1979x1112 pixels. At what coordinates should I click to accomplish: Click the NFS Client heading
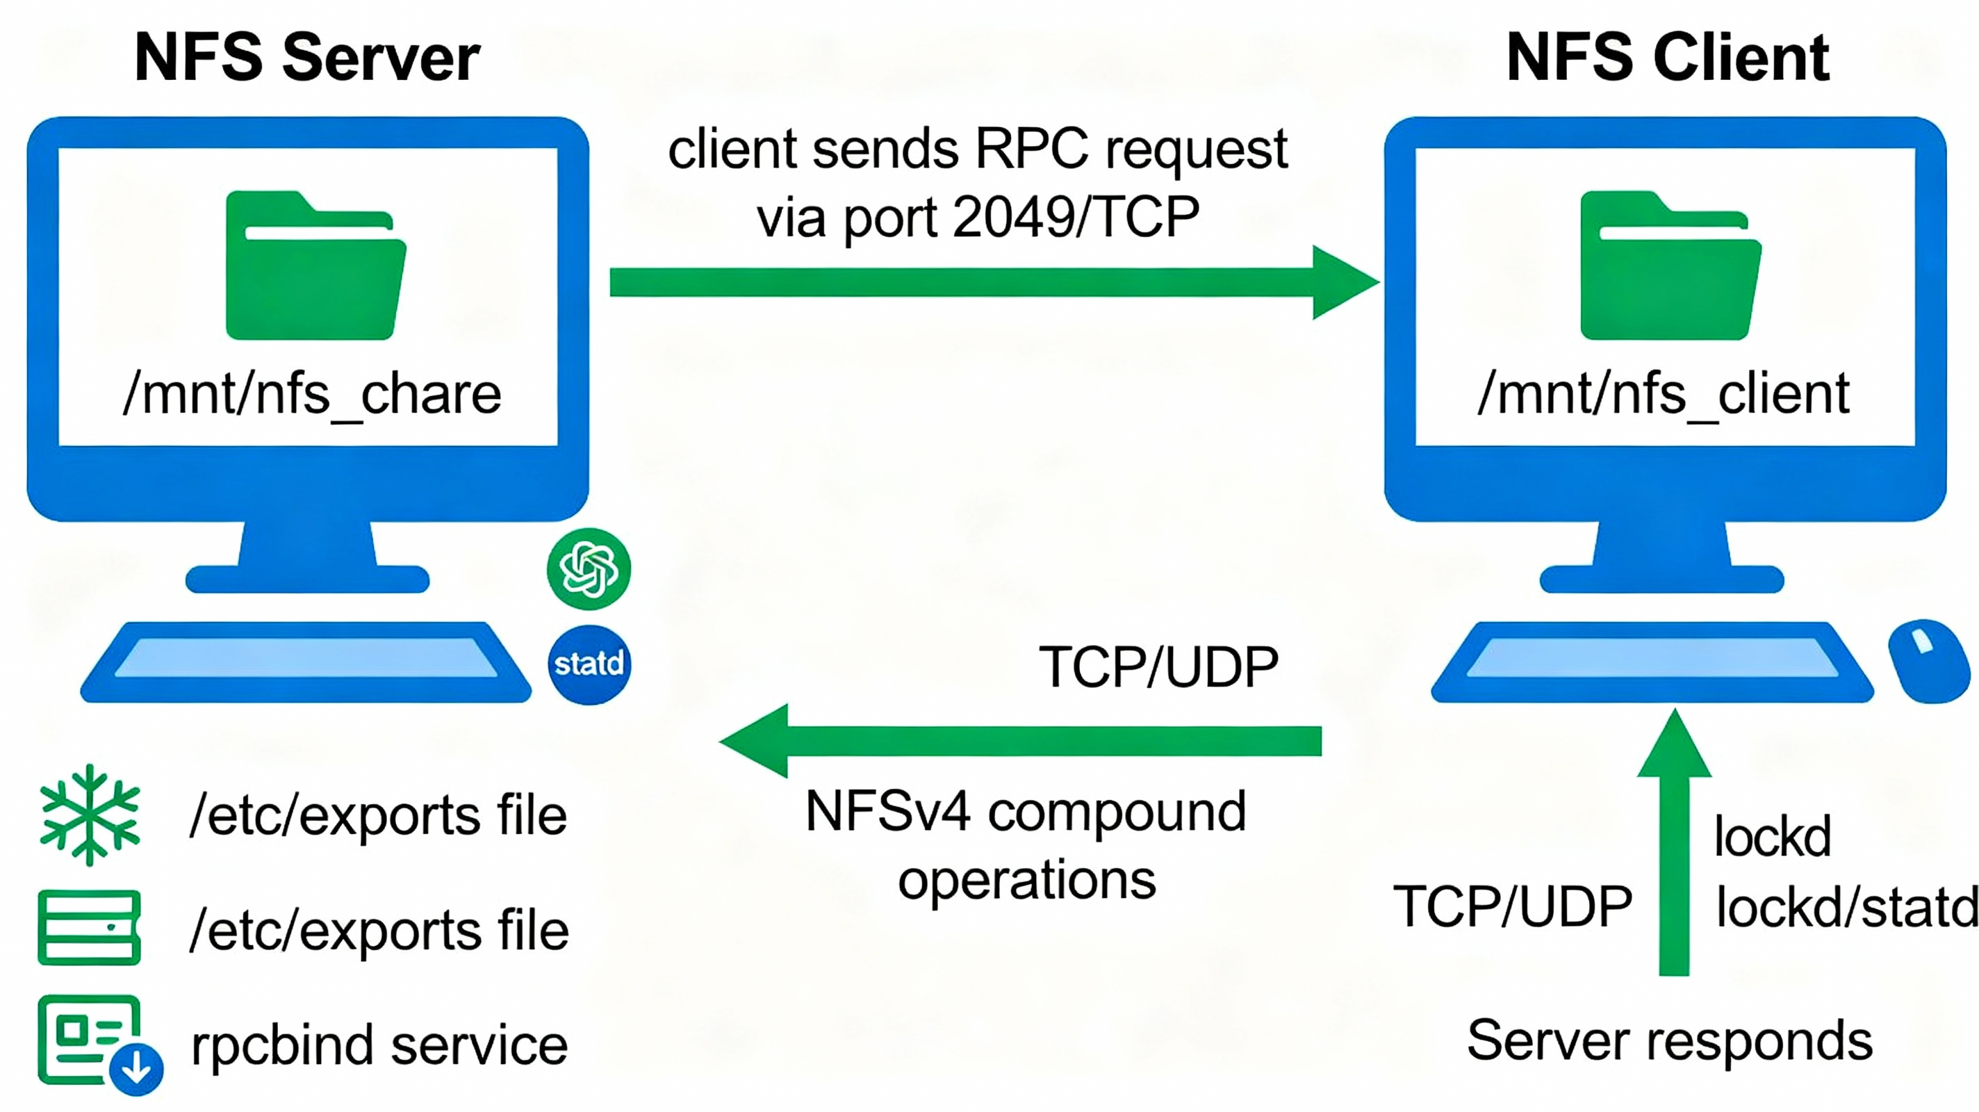pos(1668,58)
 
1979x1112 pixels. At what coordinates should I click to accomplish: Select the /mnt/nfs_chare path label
pos(312,394)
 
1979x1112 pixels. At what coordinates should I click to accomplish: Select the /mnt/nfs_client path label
pos(1664,394)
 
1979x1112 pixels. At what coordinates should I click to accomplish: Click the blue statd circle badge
pos(589,663)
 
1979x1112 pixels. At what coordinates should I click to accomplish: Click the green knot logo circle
pos(589,569)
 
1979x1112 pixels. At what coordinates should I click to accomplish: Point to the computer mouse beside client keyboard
pos(1928,661)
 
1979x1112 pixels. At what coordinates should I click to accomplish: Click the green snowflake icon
pos(90,815)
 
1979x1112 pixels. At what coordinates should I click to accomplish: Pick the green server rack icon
pos(89,928)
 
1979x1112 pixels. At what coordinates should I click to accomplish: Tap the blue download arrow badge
pos(137,1068)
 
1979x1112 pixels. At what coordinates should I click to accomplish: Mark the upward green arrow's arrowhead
pos(1674,746)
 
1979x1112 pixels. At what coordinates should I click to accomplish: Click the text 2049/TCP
pos(1076,218)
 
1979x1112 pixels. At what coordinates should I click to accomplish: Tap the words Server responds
pos(1669,1041)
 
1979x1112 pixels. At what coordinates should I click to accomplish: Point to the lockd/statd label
pos(1847,907)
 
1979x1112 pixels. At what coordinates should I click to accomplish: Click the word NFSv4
pos(887,812)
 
